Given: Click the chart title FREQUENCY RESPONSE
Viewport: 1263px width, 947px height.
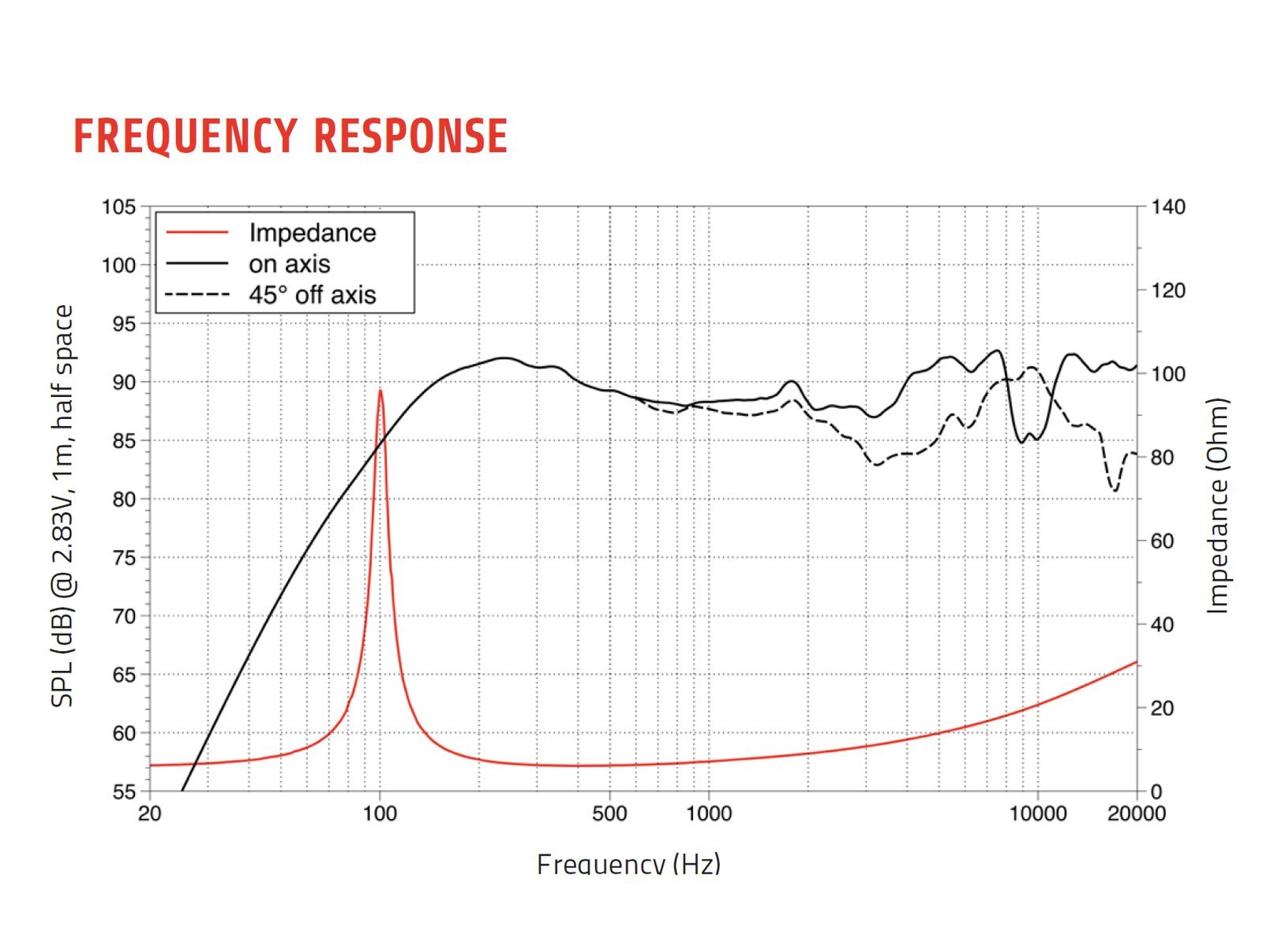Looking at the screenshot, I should (290, 136).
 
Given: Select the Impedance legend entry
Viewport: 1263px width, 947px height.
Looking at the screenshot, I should (312, 233).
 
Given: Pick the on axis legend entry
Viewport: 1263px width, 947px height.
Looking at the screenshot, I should (289, 264).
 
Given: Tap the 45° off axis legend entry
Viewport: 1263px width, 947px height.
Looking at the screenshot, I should (312, 295).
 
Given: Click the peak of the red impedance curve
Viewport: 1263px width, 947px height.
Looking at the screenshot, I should (380, 391).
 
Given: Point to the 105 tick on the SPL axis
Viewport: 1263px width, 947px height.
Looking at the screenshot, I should (118, 208).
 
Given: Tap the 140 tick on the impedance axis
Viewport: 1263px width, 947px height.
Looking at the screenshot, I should (1167, 208).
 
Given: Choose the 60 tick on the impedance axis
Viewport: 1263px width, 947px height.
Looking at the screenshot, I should (1162, 541).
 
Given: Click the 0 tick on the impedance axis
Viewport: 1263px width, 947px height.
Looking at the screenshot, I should (1156, 792).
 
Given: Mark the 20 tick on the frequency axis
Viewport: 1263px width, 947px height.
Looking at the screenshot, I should (149, 814).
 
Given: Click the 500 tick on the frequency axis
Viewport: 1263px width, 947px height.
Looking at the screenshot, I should (609, 814).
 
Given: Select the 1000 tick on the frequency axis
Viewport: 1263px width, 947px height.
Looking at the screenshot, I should (708, 814).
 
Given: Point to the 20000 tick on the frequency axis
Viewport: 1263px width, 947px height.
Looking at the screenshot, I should (1136, 814).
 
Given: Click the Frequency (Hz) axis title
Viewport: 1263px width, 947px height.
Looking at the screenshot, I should (628, 863).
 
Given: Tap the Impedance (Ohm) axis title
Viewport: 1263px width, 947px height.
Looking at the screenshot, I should (1218, 506).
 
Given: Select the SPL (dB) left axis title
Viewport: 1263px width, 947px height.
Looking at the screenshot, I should (62, 506).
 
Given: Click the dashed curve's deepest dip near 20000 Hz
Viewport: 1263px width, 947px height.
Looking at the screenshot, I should (1115, 491).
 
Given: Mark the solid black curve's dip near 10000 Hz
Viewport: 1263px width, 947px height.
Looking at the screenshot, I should (1022, 441).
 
